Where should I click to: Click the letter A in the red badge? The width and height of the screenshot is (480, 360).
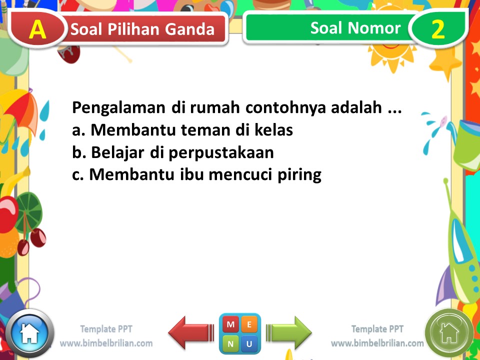[37, 29]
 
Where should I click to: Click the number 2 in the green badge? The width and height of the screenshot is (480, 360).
[437, 29]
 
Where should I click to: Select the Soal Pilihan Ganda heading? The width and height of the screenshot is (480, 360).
[142, 29]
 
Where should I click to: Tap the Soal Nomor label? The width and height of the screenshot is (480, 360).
[355, 28]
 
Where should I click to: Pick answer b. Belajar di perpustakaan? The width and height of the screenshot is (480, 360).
[173, 152]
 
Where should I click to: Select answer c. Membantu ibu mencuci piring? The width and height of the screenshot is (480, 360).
[196, 175]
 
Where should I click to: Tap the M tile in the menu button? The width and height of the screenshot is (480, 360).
[230, 324]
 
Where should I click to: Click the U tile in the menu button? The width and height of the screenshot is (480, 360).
[249, 343]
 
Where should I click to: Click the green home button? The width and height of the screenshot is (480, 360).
[449, 332]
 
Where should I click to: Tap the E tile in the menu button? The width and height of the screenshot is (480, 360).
[249, 324]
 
